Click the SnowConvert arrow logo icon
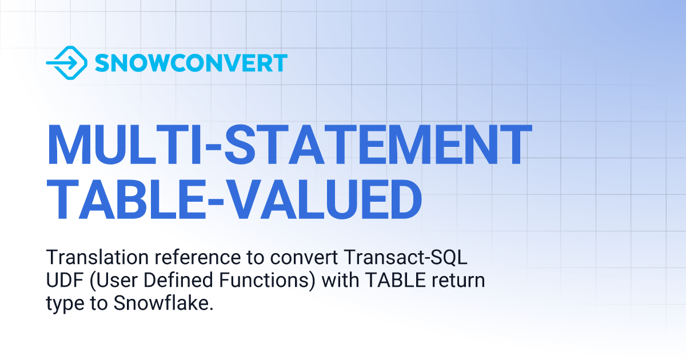click(x=66, y=63)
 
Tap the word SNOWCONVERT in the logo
click(x=191, y=63)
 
